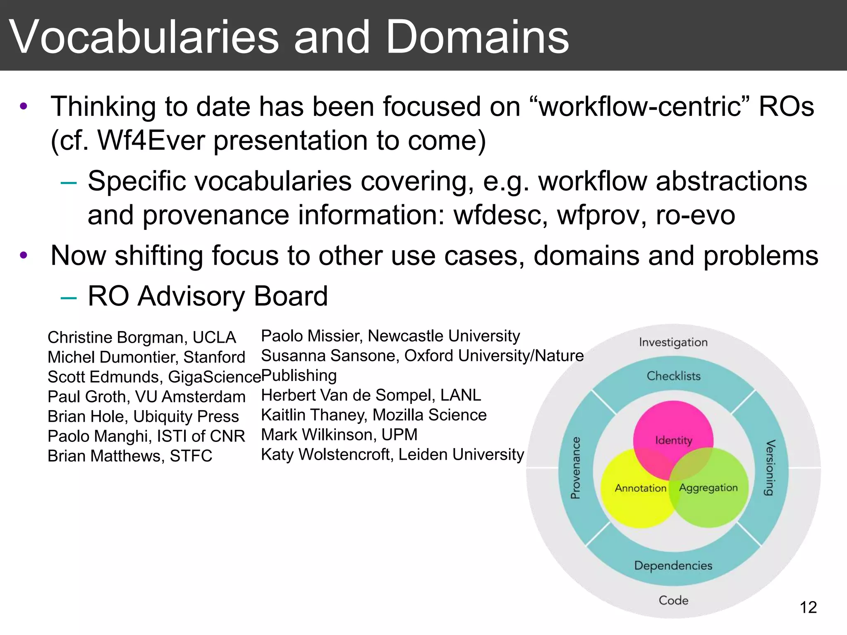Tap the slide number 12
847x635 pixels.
808,607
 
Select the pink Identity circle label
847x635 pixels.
673,440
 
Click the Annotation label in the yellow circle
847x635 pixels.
640,488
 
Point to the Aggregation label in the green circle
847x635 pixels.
708,488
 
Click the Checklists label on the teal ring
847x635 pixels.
674,376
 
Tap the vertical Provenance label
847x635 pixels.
575,468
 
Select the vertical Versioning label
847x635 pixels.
770,468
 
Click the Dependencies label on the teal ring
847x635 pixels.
673,566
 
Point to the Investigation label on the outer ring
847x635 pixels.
673,342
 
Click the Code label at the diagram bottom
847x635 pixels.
673,600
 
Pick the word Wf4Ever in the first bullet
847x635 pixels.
151,141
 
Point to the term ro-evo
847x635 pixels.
695,215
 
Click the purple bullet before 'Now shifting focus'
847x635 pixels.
24,255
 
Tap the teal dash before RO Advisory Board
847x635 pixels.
68,297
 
